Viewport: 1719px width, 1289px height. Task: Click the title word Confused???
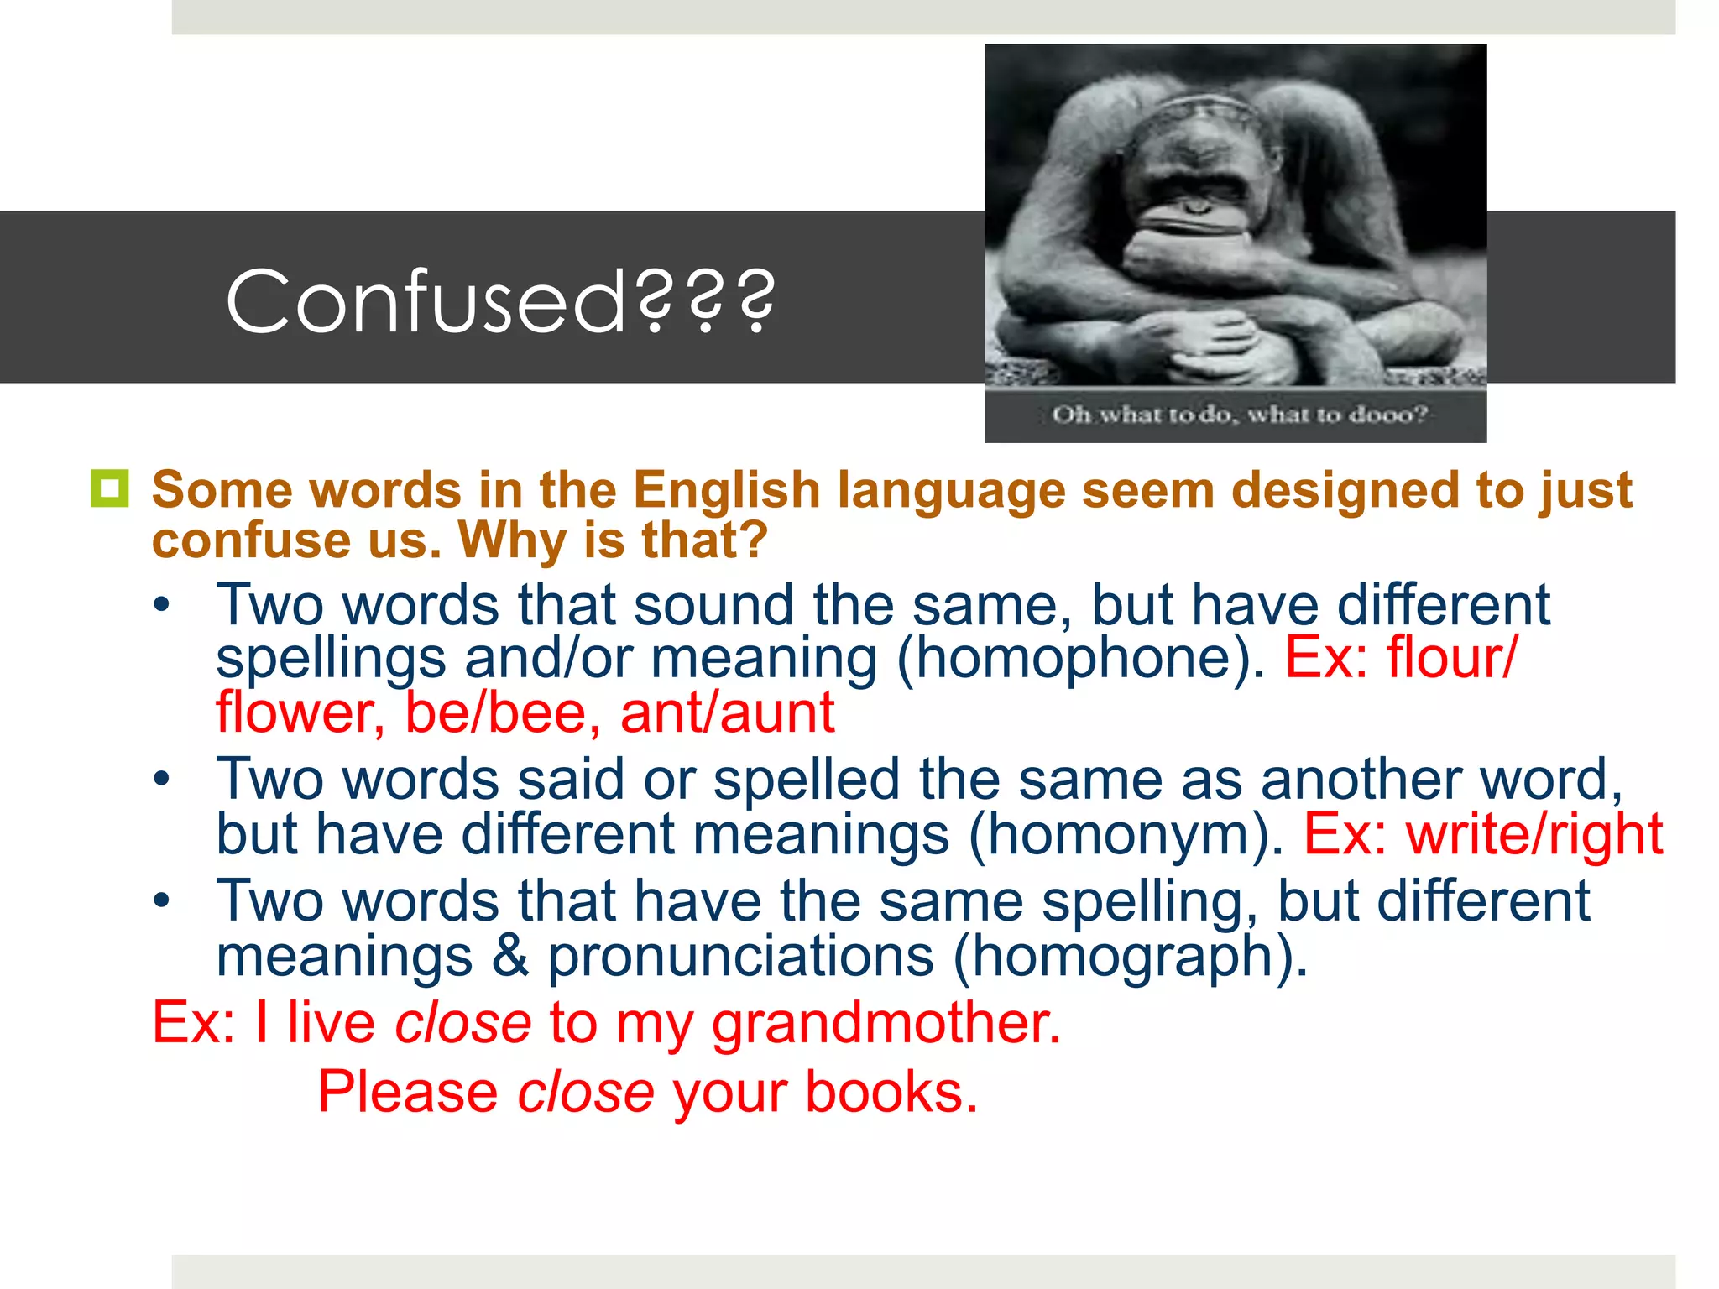500,300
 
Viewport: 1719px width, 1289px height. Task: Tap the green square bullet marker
109,488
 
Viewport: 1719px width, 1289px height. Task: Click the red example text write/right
1534,834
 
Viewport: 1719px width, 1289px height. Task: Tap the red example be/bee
503,713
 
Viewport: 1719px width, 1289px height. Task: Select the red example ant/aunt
727,713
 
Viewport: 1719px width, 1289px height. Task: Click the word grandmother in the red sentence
886,1024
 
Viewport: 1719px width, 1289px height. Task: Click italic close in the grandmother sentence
462,1023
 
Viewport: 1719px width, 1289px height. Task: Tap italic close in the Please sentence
585,1093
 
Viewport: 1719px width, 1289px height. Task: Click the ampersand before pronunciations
510,956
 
